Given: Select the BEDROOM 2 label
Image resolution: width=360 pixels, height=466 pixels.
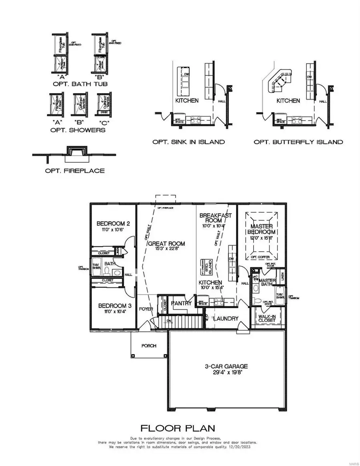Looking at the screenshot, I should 113,224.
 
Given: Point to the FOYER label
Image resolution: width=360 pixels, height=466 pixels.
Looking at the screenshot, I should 146,309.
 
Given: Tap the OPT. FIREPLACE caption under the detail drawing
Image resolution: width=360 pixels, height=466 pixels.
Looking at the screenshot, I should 74,171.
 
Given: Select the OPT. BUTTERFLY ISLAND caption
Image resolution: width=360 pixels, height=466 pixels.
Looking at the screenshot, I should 298,142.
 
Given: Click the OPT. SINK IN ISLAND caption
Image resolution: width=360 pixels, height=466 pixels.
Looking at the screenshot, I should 188,142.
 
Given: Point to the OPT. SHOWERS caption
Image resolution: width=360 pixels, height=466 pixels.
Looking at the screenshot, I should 79,130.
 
